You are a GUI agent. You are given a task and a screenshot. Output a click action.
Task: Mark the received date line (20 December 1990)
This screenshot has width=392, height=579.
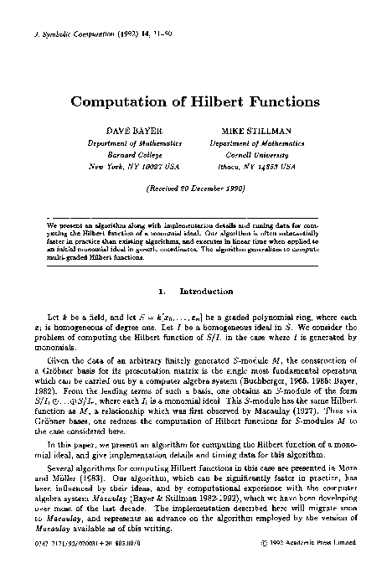point(195,190)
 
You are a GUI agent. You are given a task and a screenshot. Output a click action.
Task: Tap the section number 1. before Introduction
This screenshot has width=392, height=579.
point(161,292)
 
